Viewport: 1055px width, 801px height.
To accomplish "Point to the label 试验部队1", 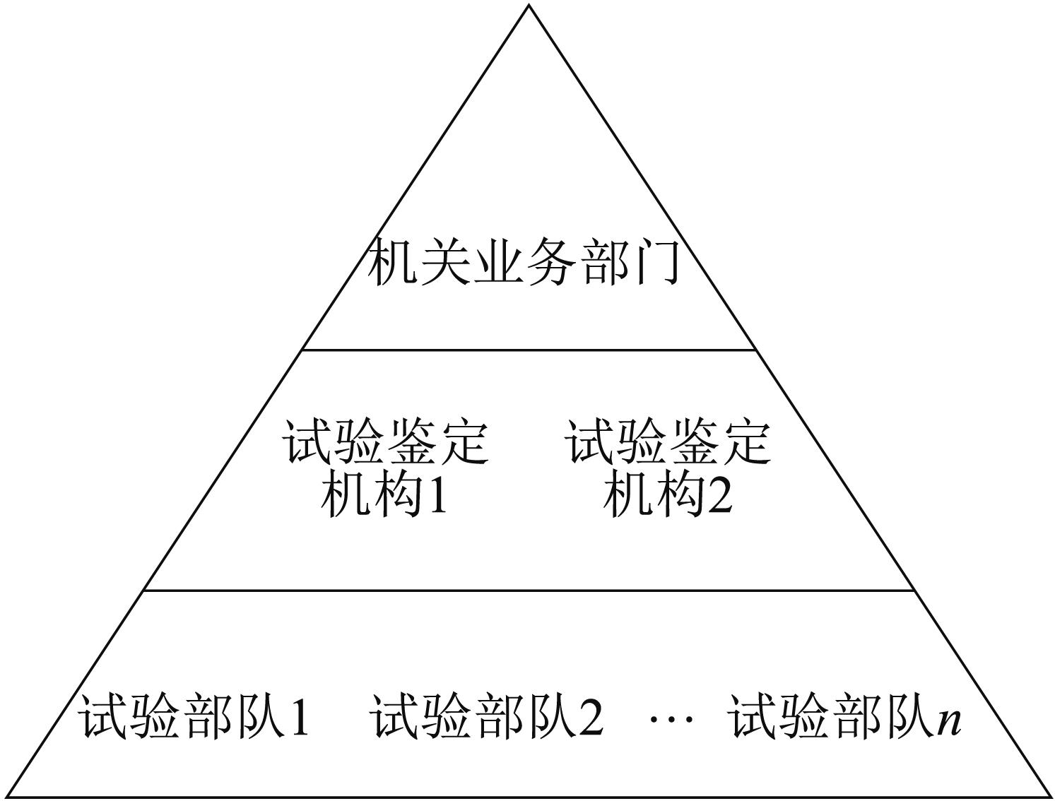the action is click(x=193, y=717).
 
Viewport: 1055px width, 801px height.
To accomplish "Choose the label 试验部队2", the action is click(x=486, y=717).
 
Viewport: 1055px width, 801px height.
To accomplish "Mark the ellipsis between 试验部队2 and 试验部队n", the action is click(x=671, y=719).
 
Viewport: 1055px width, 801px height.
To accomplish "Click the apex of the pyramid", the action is click(x=529, y=5).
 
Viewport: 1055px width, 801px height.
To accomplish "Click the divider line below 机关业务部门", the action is click(x=529, y=350).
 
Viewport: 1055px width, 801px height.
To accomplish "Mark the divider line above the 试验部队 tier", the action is click(x=529, y=591).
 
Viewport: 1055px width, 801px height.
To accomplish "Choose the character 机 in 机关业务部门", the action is click(x=392, y=262).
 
